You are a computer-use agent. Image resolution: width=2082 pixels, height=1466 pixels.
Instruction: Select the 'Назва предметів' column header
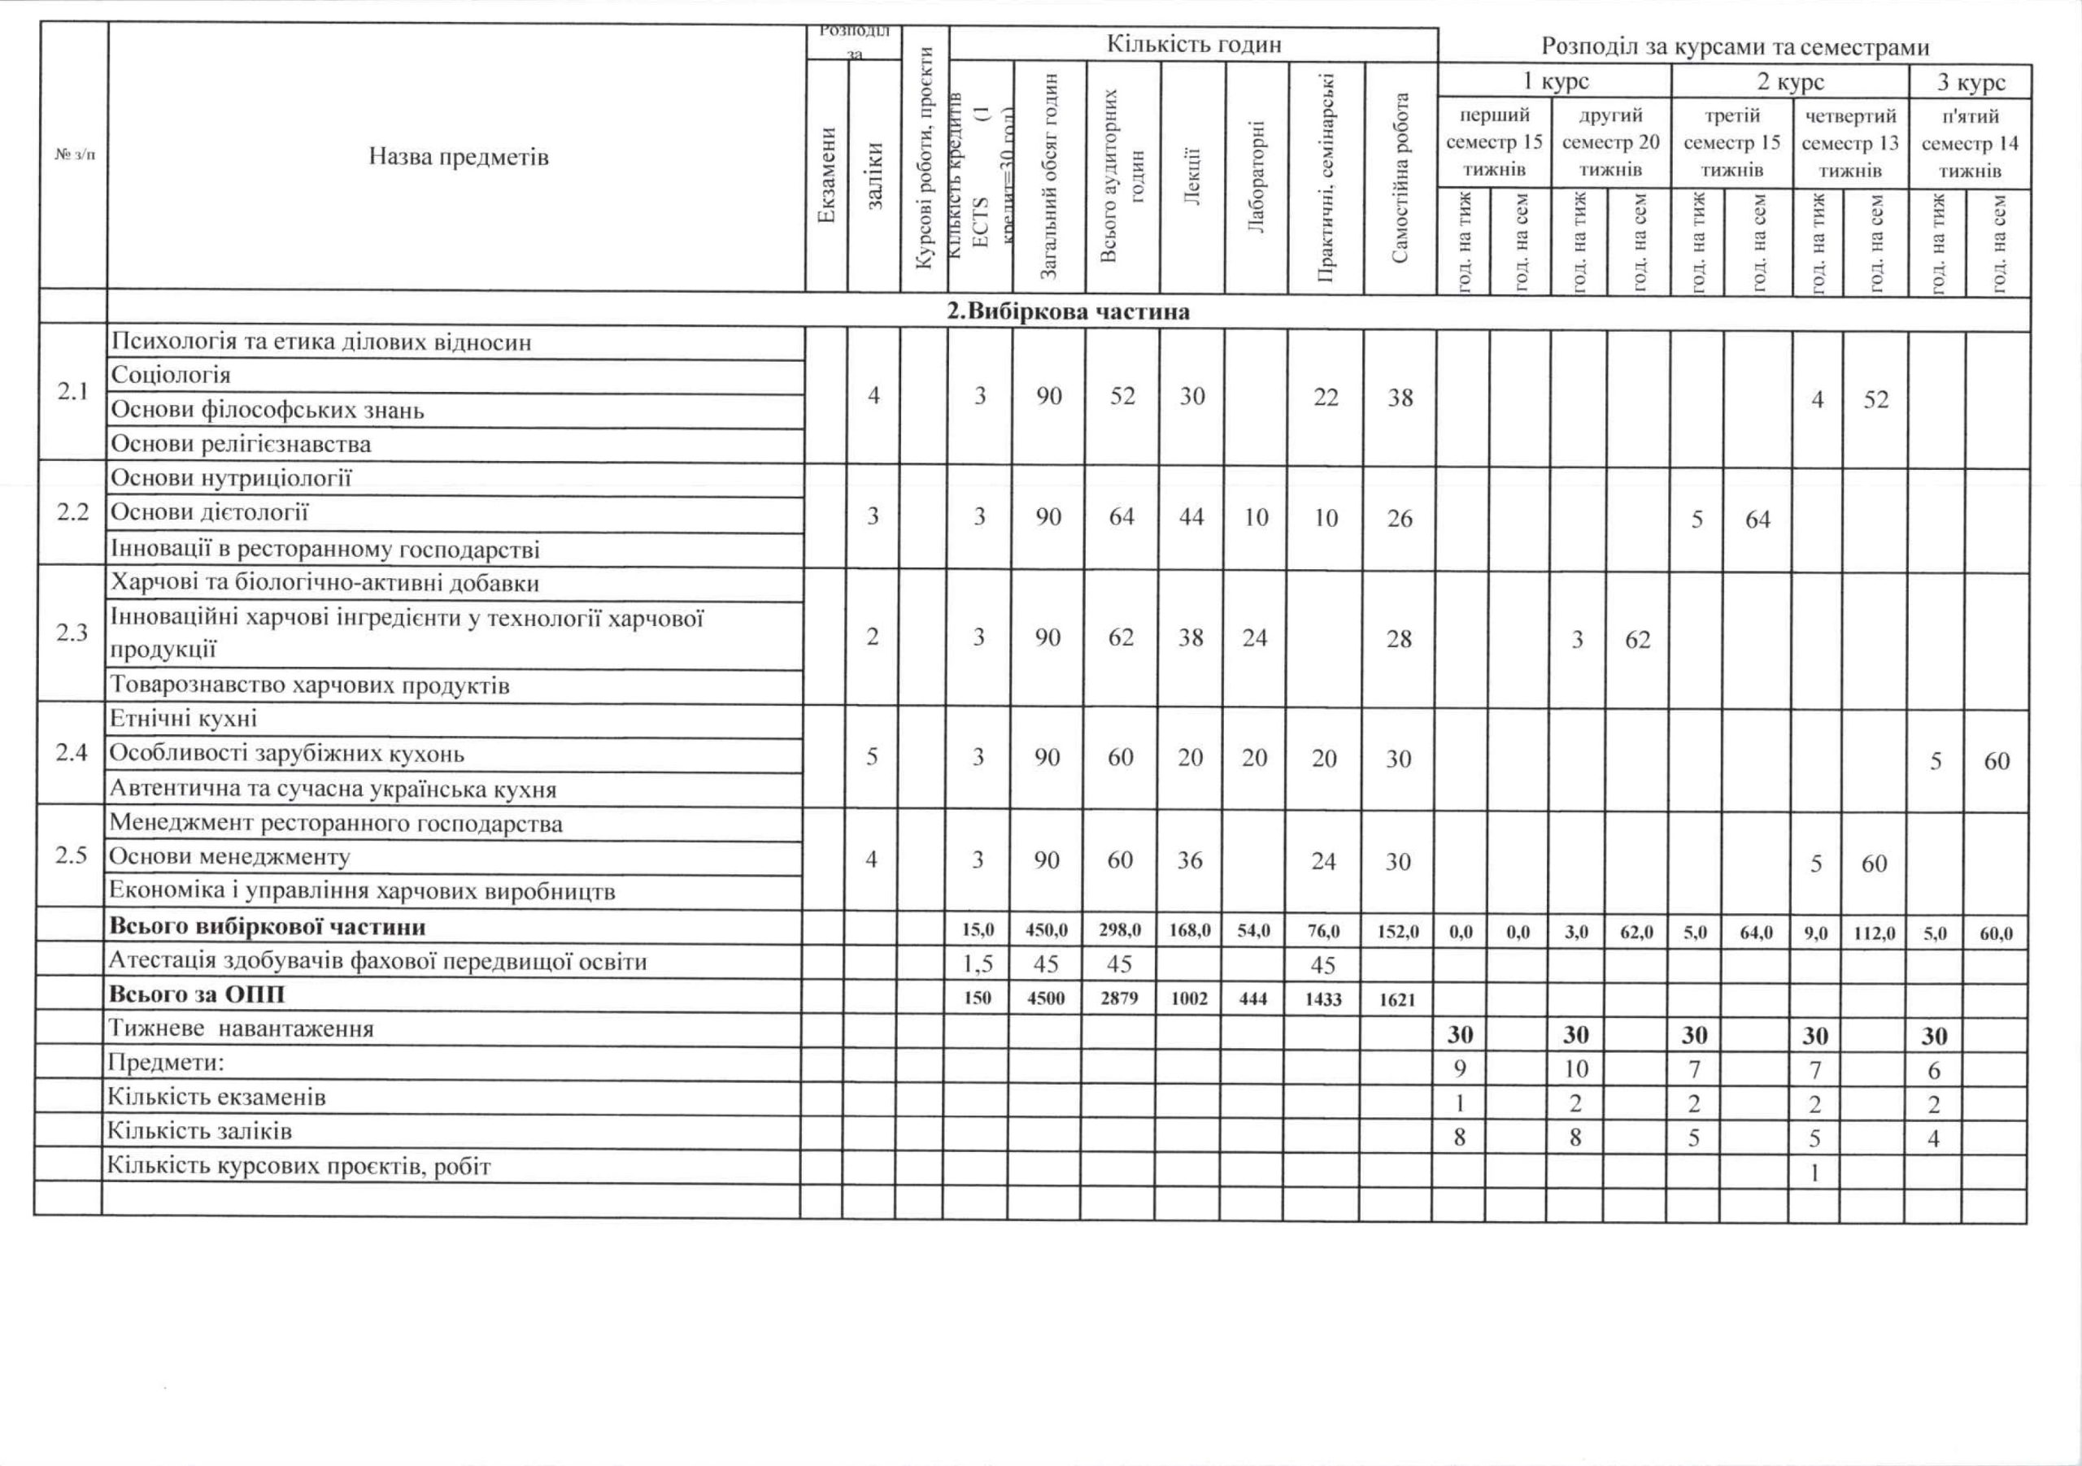[x=458, y=157]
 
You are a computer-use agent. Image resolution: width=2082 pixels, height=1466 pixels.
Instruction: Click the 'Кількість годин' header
[x=1193, y=45]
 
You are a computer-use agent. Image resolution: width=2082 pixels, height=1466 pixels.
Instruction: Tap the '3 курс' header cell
[x=1971, y=81]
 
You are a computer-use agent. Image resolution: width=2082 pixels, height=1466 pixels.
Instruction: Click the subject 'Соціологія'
[x=171, y=376]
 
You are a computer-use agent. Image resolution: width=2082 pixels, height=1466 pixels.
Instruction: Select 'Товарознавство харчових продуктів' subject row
[x=309, y=685]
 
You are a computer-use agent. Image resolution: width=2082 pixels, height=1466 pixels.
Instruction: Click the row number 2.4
[x=72, y=752]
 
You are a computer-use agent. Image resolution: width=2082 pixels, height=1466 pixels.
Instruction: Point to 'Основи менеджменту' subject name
[x=229, y=857]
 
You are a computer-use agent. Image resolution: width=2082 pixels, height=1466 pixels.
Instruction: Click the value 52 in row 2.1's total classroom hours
[x=1122, y=397]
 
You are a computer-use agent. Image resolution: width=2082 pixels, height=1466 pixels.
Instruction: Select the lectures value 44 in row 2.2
[x=1191, y=517]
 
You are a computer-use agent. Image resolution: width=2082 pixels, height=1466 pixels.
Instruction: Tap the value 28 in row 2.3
[x=1399, y=639]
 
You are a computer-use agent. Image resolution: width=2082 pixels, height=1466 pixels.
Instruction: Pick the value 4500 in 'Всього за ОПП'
[x=1047, y=998]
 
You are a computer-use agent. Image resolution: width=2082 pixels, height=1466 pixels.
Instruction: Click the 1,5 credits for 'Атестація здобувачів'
[x=978, y=964]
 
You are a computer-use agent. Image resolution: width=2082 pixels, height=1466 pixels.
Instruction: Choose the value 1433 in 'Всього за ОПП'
[x=1324, y=998]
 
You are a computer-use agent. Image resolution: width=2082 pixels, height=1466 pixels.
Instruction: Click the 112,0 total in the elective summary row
[x=1875, y=932]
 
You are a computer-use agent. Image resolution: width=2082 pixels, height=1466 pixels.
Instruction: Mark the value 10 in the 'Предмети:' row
[x=1576, y=1069]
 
